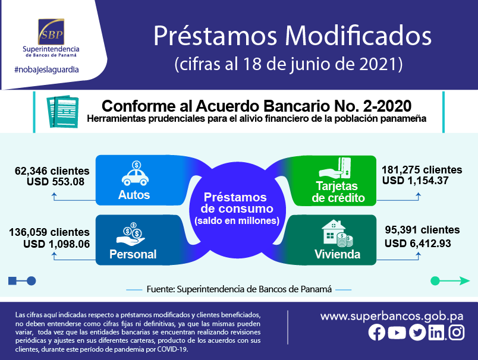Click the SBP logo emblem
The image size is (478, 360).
pyautogui.click(x=51, y=31)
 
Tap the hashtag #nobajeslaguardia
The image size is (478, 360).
pyautogui.click(x=46, y=70)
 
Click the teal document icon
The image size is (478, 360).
pyautogui.click(x=62, y=112)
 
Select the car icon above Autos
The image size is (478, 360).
pyautogui.click(x=136, y=173)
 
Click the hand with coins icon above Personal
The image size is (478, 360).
pyautogui.click(x=130, y=234)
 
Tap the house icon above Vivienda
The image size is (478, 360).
pyautogui.click(x=338, y=233)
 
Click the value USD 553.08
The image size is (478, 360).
pyautogui.click(x=55, y=182)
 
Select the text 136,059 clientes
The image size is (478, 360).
pyautogui.click(x=49, y=232)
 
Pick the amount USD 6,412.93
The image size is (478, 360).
pyautogui.click(x=417, y=244)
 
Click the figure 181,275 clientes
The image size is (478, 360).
pyautogui.click(x=422, y=170)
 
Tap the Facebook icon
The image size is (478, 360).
pyautogui.click(x=377, y=332)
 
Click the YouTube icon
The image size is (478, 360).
pyautogui.click(x=397, y=333)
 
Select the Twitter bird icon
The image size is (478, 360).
pyautogui.click(x=417, y=332)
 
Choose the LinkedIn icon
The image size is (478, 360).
pyautogui.click(x=436, y=333)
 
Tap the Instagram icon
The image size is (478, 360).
pyautogui.click(x=457, y=332)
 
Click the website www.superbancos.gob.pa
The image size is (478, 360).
pyautogui.click(x=392, y=317)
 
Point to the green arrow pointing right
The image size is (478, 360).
pyautogui.click(x=450, y=280)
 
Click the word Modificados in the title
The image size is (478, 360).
pyautogui.click(x=358, y=36)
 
